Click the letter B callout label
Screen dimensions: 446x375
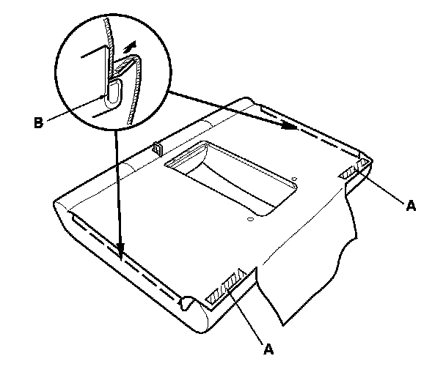click(x=39, y=122)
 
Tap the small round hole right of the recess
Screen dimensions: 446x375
click(x=293, y=178)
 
